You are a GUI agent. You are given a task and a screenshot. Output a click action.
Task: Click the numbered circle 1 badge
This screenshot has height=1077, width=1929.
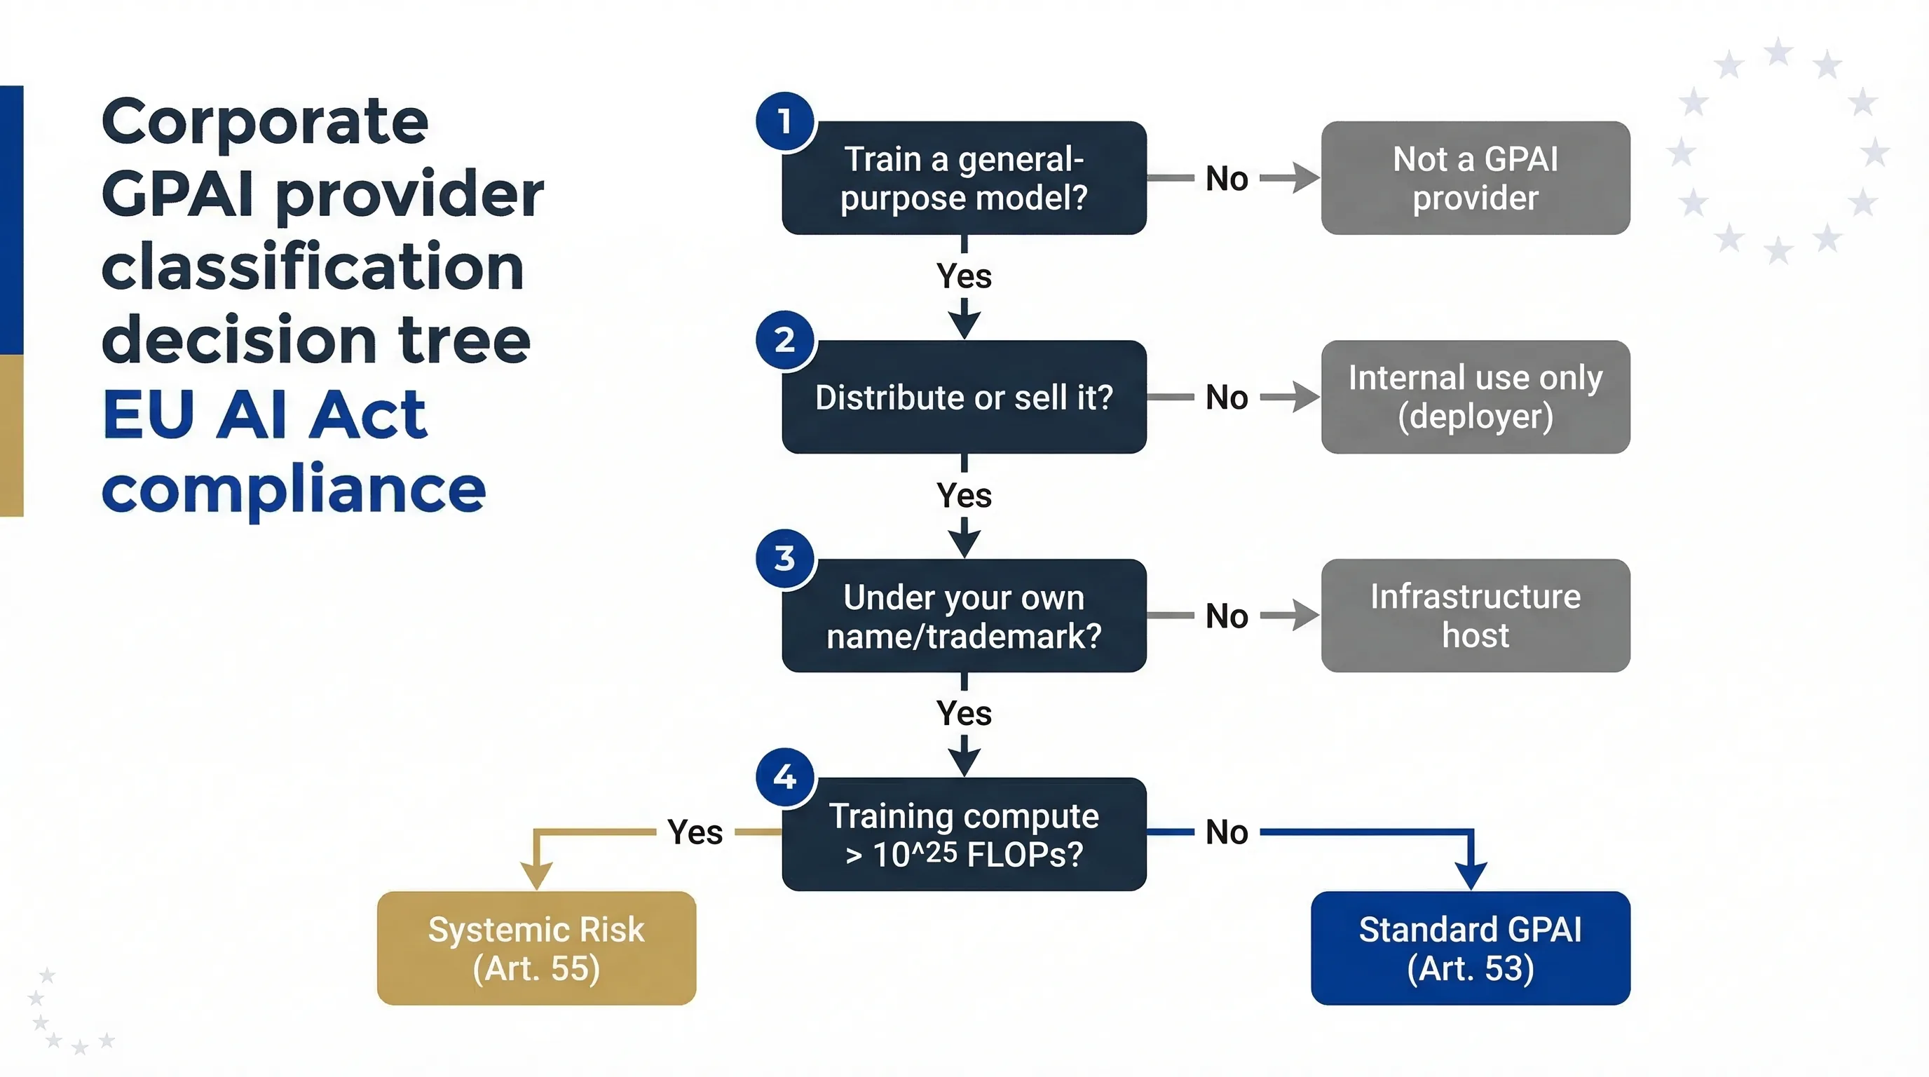pos(784,121)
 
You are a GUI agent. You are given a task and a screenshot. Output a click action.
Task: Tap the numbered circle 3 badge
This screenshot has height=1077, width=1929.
pos(784,559)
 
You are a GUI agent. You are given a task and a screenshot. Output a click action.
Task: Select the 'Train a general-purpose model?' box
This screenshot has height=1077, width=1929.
pos(964,178)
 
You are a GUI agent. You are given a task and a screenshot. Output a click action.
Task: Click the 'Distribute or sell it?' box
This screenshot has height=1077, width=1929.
pos(964,397)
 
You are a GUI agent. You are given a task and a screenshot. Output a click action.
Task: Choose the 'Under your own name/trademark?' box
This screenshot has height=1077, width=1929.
pos(964,616)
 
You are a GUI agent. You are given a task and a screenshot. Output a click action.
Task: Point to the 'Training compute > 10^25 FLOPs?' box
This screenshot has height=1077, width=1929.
pos(964,834)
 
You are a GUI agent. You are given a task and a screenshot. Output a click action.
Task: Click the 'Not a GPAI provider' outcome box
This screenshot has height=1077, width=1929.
pos(1475,178)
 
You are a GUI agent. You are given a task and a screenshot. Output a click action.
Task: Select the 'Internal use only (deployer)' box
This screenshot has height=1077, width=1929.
pos(1475,397)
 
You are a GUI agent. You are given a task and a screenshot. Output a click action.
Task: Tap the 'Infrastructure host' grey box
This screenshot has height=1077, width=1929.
pos(1475,616)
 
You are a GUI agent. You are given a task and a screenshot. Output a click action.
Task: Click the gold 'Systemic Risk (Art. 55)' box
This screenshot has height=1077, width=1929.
pos(536,948)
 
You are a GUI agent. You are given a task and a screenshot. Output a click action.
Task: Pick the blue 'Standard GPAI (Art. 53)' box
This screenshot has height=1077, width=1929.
pos(1470,948)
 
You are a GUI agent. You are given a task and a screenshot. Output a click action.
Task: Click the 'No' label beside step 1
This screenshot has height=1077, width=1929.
pos(1227,179)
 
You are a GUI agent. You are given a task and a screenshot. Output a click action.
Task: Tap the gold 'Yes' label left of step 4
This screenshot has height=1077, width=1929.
pos(695,832)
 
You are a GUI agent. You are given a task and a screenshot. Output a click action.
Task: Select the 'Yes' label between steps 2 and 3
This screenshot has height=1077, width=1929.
pos(964,495)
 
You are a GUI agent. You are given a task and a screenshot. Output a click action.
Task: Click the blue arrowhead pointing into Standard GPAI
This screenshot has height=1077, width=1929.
pos(1471,875)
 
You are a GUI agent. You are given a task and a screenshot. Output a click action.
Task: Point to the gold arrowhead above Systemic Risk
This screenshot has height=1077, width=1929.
pos(536,875)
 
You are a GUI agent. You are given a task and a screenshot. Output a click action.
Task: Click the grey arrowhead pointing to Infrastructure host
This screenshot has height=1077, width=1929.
pos(1305,616)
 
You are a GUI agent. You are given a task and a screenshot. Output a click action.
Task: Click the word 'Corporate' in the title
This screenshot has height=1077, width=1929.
pos(264,121)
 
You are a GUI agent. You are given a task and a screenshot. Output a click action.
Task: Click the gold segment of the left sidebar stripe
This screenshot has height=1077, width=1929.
pos(11,435)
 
